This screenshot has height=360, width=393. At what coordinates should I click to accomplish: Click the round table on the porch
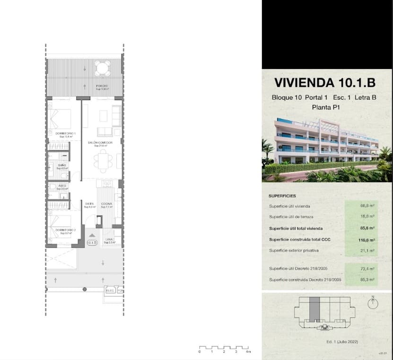(102, 69)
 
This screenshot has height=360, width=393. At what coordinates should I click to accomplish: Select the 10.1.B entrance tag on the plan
(92, 243)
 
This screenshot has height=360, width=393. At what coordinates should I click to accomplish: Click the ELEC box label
(110, 290)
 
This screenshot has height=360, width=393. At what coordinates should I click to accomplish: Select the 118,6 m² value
(367, 240)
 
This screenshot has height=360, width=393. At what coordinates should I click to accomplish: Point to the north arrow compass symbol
(373, 303)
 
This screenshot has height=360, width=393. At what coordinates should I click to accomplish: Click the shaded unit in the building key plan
(314, 310)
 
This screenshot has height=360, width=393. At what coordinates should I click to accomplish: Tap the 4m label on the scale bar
(248, 352)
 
